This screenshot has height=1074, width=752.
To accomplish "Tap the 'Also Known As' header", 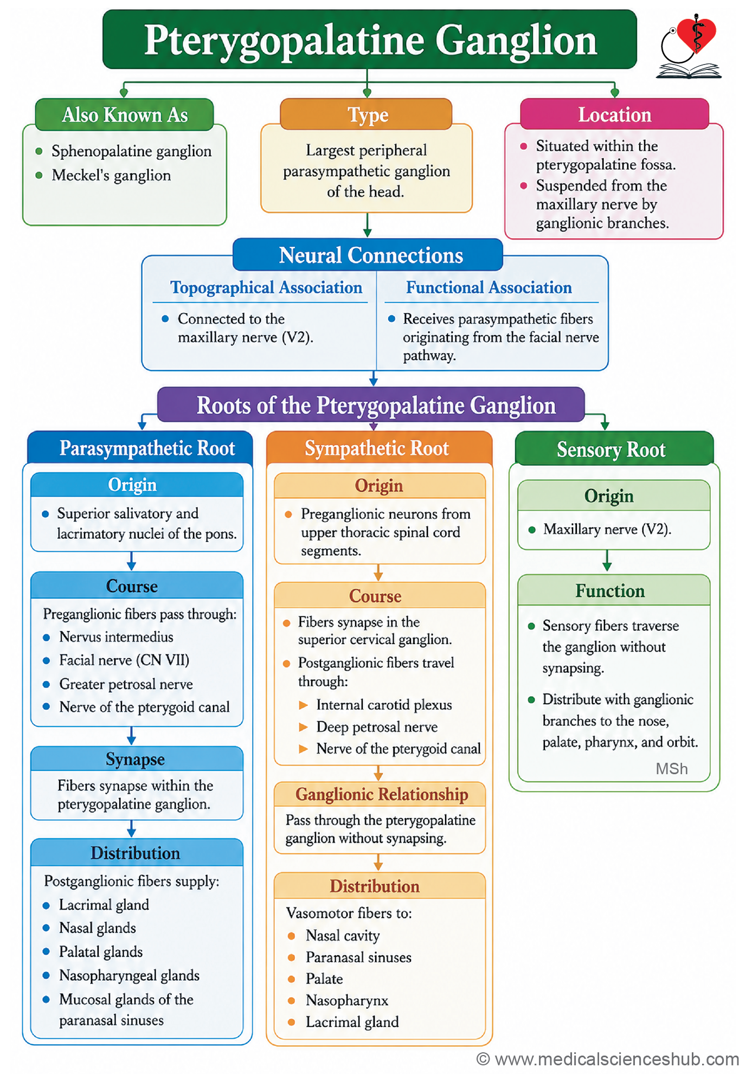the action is click(x=125, y=115).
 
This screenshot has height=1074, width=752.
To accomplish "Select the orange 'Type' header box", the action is click(x=367, y=114).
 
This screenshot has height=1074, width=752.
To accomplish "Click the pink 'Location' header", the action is click(x=614, y=114).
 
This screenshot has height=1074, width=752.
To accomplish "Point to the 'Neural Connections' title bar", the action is click(x=368, y=255).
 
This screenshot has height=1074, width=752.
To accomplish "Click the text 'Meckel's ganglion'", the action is click(x=111, y=175).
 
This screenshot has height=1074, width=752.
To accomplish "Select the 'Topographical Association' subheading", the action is click(x=266, y=287).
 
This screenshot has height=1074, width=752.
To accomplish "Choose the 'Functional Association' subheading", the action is click(x=489, y=287).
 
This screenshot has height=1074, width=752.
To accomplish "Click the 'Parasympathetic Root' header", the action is click(x=140, y=448).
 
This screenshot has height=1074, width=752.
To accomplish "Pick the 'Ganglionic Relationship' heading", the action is click(x=382, y=794).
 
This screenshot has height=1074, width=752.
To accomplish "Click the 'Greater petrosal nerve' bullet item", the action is click(x=126, y=684).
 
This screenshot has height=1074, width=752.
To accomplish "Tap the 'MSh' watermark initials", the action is click(x=672, y=769).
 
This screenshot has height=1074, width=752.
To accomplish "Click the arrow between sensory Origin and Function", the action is click(x=607, y=561).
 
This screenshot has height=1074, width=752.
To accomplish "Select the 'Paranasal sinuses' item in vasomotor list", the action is click(x=358, y=957).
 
